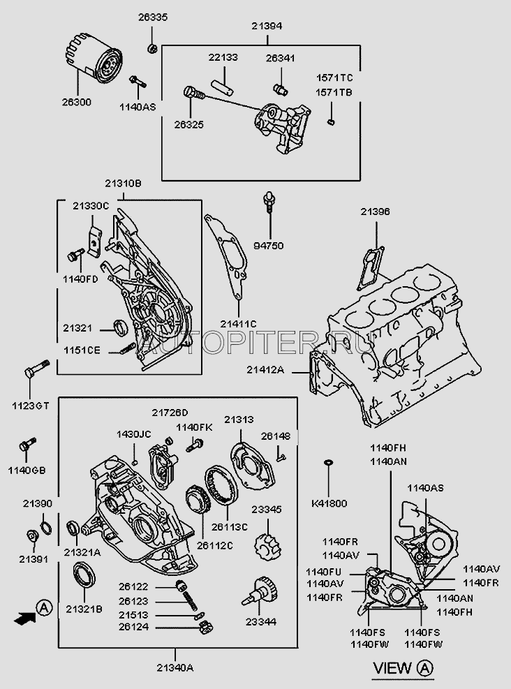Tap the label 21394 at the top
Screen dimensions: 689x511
pyautogui.click(x=267, y=27)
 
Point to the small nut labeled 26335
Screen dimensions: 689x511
pyautogui.click(x=151, y=48)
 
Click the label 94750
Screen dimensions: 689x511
pyautogui.click(x=268, y=245)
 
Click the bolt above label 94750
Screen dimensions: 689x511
pyautogui.click(x=267, y=203)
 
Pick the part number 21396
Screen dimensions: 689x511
pyautogui.click(x=376, y=211)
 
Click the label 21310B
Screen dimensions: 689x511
pyautogui.click(x=124, y=184)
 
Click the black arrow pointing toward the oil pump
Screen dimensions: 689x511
pyautogui.click(x=25, y=617)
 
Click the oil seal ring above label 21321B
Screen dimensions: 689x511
pyautogui.click(x=84, y=578)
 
